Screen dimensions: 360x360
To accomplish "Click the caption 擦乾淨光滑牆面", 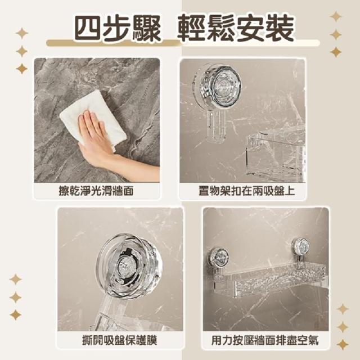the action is click(96, 191).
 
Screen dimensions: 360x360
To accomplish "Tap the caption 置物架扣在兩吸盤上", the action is click(246, 191).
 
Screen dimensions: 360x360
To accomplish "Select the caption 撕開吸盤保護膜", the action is click(119, 340).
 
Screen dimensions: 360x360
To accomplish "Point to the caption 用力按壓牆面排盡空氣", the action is click(265, 340).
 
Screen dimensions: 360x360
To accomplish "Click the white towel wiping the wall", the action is click(93, 115).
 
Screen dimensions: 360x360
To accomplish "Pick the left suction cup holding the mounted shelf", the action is click(218, 256).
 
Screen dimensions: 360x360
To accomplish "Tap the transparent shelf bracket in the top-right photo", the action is click(275, 154).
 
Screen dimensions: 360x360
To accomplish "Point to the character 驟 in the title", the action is click(146, 29).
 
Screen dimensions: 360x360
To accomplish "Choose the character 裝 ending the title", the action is click(280, 29).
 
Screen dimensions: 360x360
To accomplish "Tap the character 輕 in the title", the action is click(192, 29).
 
